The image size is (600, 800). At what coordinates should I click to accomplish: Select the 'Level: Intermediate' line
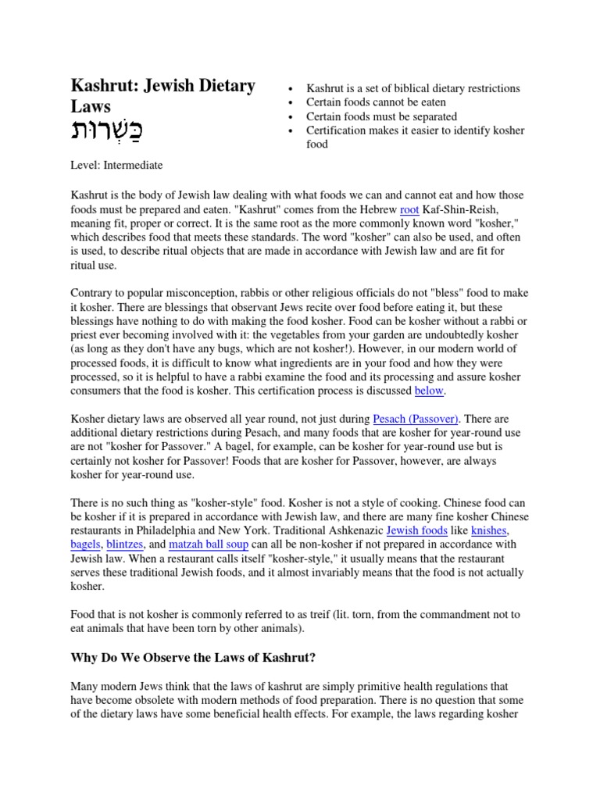coord(117,166)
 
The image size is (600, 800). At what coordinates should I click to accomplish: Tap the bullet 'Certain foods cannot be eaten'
coord(377,102)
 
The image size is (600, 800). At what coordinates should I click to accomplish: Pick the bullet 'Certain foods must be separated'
coord(382,116)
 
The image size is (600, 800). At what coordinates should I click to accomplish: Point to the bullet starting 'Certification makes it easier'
coord(415,130)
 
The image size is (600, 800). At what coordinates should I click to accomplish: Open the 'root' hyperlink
coord(410,209)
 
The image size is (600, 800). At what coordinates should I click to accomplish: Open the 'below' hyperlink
coord(428,391)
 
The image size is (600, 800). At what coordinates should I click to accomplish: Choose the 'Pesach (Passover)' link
coord(416,419)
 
